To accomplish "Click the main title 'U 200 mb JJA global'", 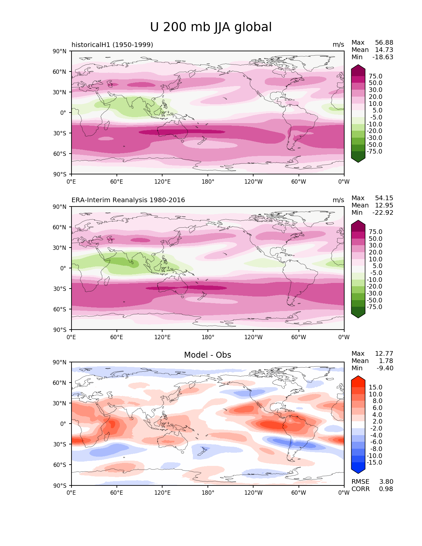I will pyautogui.click(x=211, y=27).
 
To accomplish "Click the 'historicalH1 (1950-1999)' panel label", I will pyautogui.click(x=112, y=45).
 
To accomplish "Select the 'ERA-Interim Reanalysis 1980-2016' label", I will pyautogui.click(x=128, y=200).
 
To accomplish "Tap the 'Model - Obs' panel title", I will pyautogui.click(x=208, y=355).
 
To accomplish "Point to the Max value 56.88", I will pyautogui.click(x=384, y=43).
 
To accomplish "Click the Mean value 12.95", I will pyautogui.click(x=384, y=205).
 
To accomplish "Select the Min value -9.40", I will pyautogui.click(x=385, y=368).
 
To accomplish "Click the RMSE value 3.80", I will pyautogui.click(x=386, y=482).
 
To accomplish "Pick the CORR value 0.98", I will pyautogui.click(x=386, y=489).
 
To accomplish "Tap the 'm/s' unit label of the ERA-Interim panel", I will pyautogui.click(x=338, y=200).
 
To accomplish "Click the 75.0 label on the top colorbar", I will pyautogui.click(x=375, y=76).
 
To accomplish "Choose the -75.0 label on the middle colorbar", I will pyautogui.click(x=374, y=307).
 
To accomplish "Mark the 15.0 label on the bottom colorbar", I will pyautogui.click(x=375, y=387).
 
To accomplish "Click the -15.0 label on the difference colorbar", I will pyautogui.click(x=374, y=463).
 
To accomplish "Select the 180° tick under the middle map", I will pyautogui.click(x=208, y=337).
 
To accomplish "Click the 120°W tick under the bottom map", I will pyautogui.click(x=253, y=493).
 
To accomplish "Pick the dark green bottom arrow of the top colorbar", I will pyautogui.click(x=358, y=160).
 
